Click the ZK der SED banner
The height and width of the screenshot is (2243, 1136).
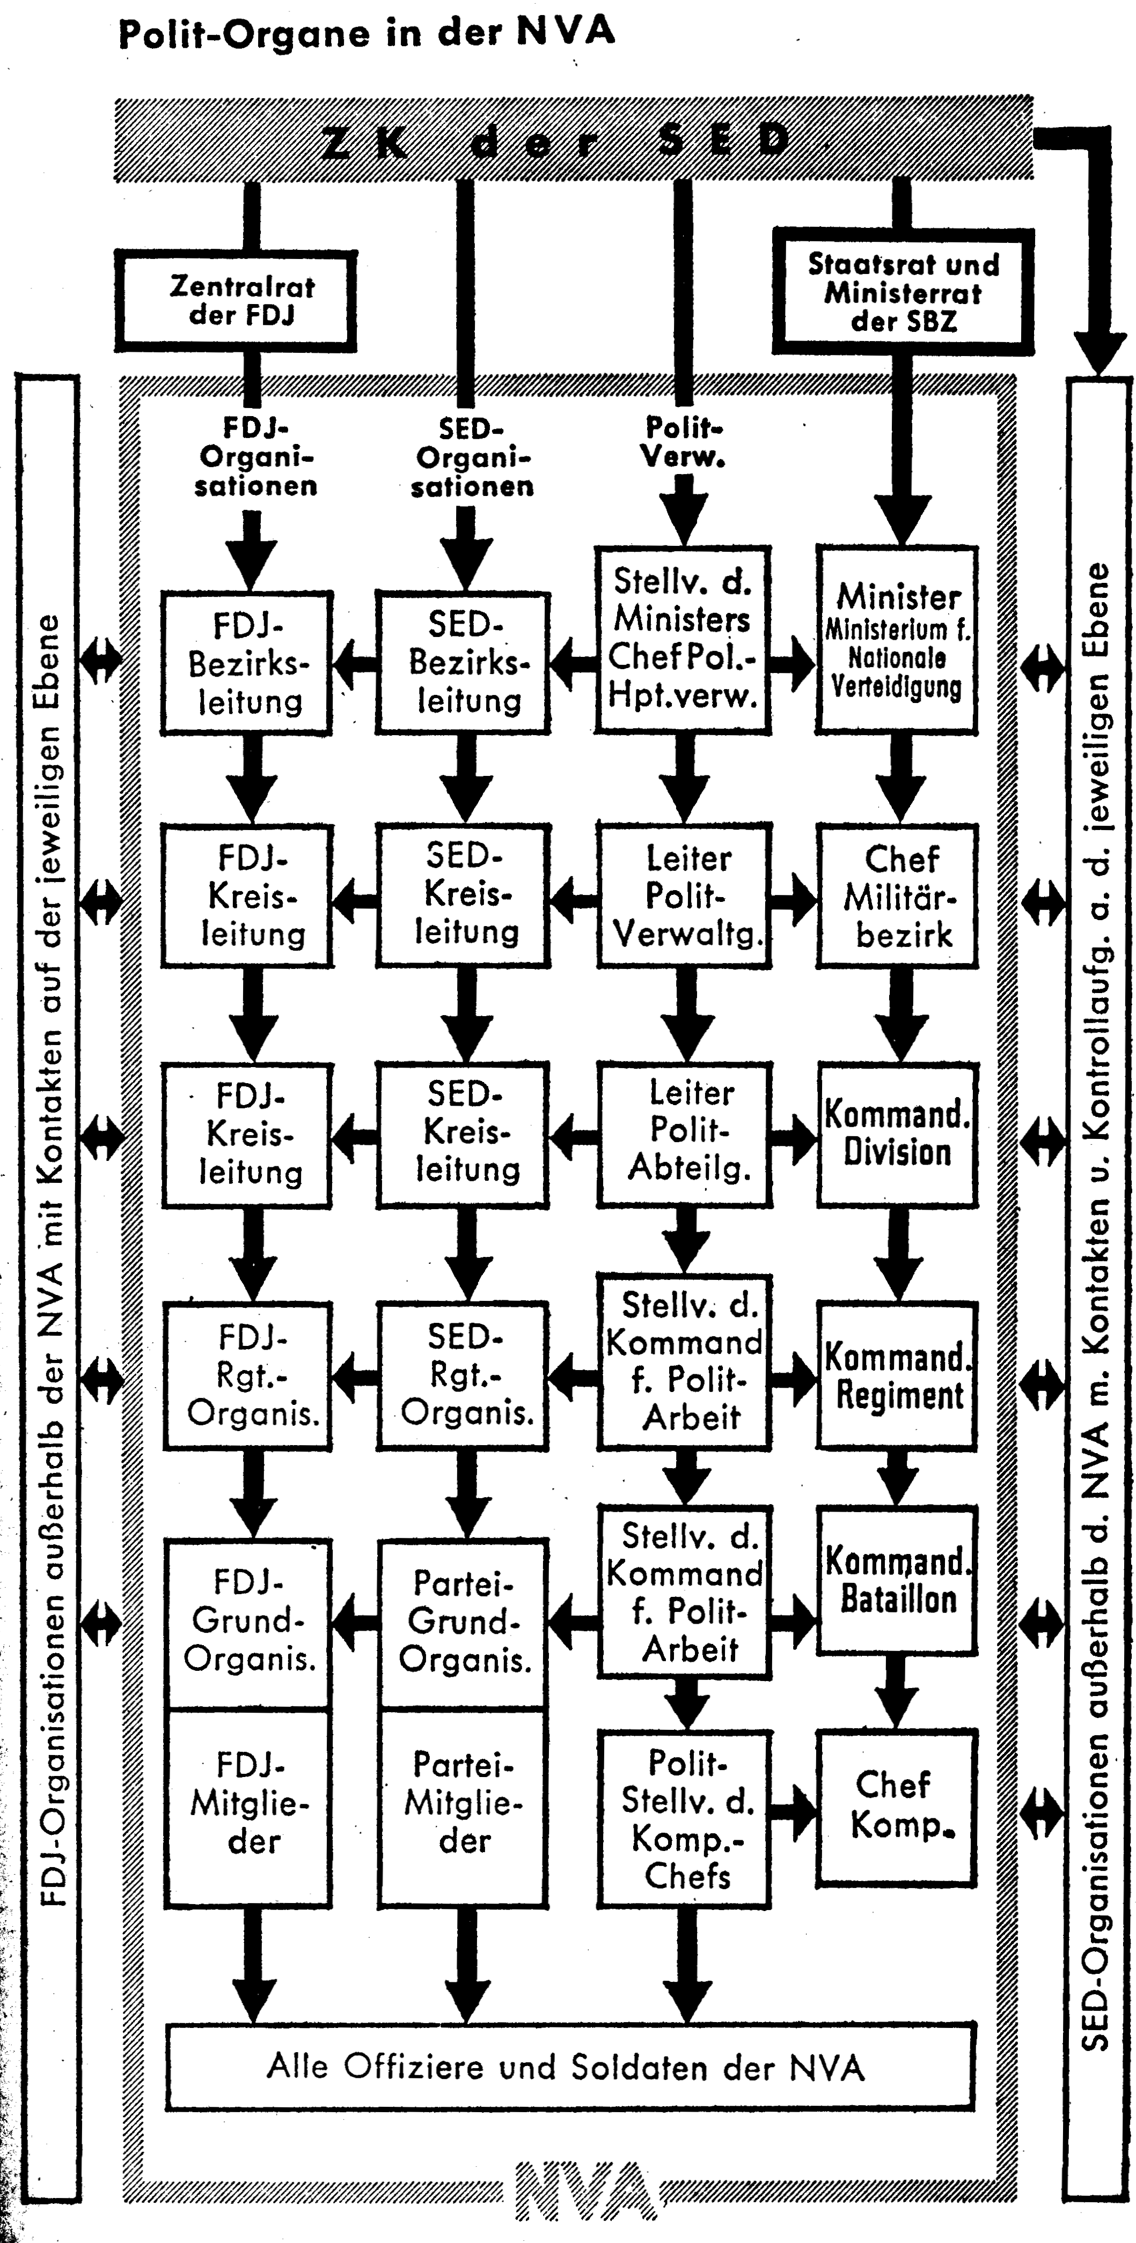coord(573,139)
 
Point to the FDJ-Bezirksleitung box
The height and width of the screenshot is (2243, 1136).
coord(246,663)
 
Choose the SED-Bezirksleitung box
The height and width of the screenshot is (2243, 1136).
coord(464,663)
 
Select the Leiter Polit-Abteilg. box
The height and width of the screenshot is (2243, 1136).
coord(685,1134)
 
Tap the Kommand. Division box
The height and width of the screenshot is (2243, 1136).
coord(897,1134)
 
